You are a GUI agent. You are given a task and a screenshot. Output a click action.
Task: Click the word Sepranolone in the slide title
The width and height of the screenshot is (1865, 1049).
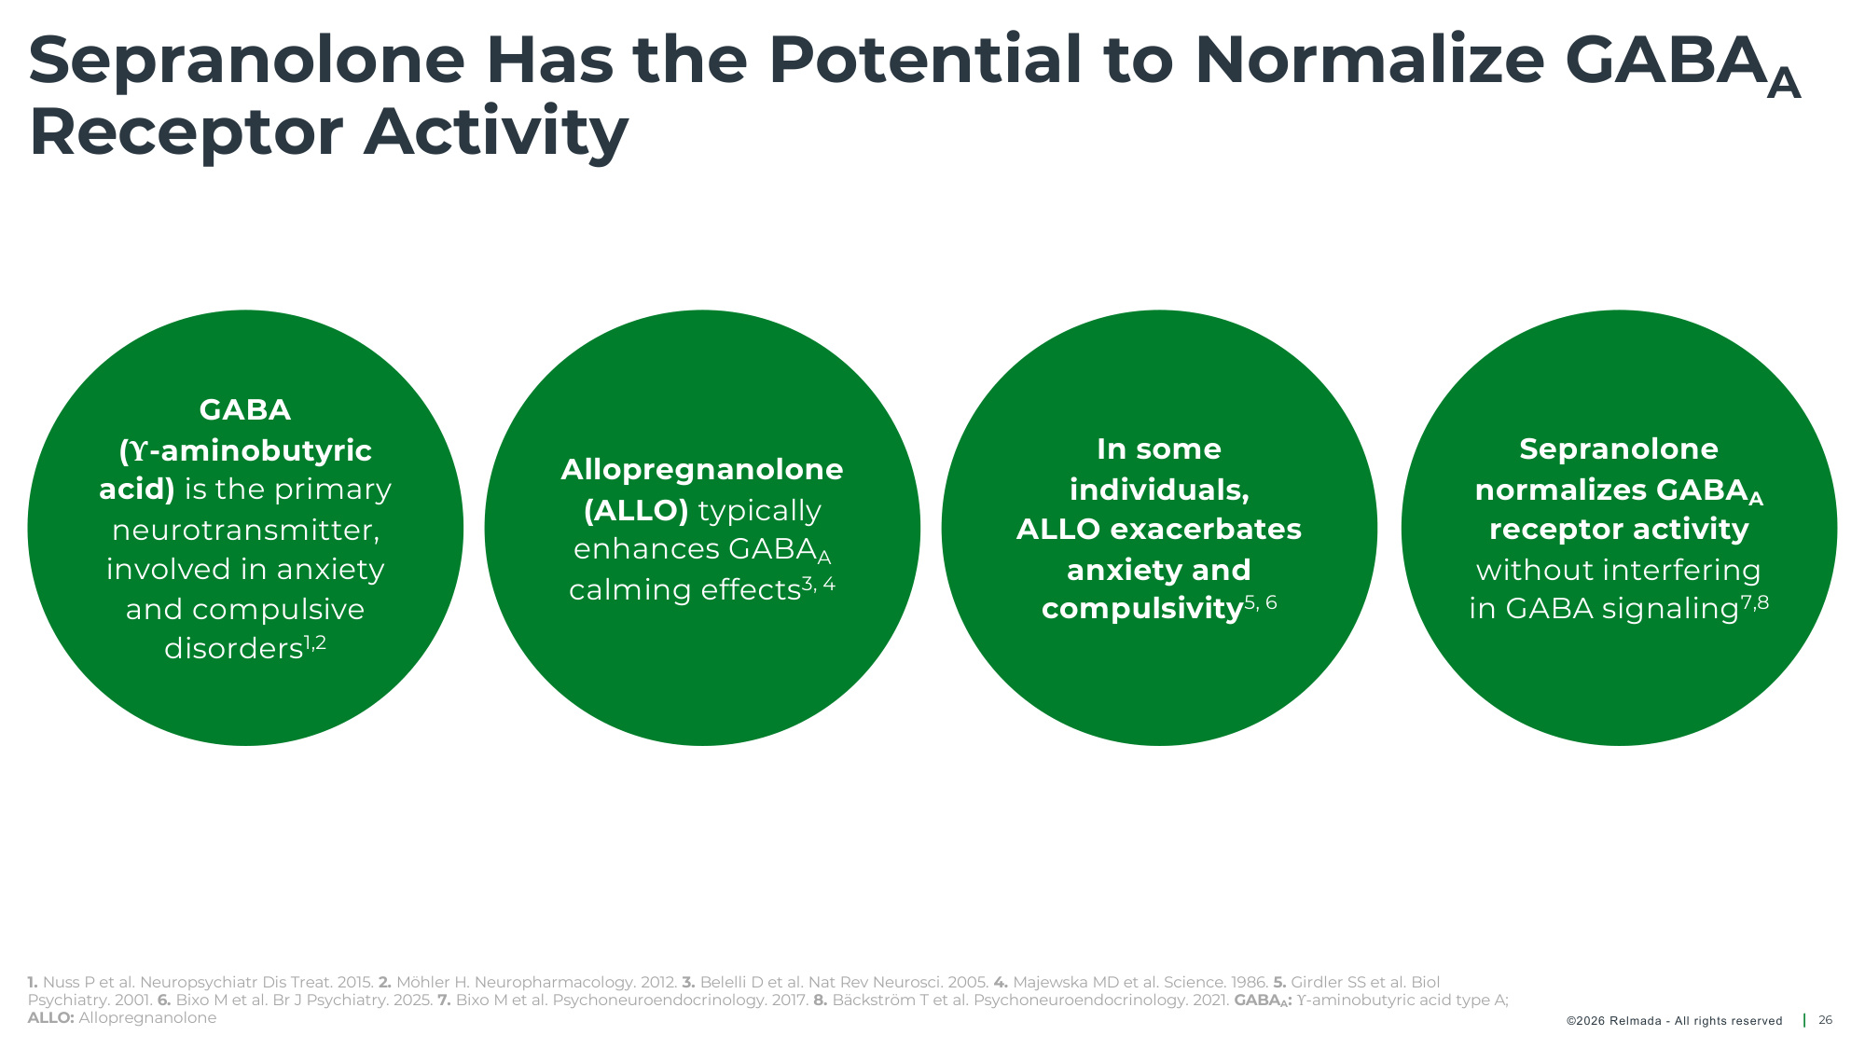tap(247, 61)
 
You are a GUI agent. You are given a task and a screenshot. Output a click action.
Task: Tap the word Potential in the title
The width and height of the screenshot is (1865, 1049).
tap(924, 61)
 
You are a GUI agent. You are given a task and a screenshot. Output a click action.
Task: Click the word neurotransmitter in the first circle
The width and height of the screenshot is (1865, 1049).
tap(245, 530)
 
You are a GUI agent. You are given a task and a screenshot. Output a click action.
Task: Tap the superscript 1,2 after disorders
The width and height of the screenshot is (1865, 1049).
tap(315, 642)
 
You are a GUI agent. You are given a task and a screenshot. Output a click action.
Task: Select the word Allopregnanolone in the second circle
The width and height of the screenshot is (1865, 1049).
tap(702, 470)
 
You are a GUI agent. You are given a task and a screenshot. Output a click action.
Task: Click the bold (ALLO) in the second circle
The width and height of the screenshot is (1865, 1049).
tap(636, 510)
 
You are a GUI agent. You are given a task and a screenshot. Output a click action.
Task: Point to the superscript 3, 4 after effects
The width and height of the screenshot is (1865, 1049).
tap(819, 585)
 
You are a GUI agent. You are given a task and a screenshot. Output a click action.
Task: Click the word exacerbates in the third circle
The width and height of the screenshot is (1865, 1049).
tap(1206, 529)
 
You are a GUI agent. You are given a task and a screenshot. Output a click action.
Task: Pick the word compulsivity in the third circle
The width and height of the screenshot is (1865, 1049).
tap(1142, 609)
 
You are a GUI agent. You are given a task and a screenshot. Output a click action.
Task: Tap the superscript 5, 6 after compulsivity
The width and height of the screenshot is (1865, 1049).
tap(1261, 603)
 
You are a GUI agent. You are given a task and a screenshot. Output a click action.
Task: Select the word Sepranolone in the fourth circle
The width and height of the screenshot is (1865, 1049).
tap(1619, 449)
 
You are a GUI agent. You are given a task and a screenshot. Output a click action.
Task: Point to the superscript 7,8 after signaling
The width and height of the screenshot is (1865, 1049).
tap(1755, 602)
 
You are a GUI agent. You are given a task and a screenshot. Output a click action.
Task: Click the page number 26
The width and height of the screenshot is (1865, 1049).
tap(1826, 1020)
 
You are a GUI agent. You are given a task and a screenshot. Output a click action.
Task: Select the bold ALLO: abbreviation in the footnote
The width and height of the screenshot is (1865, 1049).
tap(51, 1018)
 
